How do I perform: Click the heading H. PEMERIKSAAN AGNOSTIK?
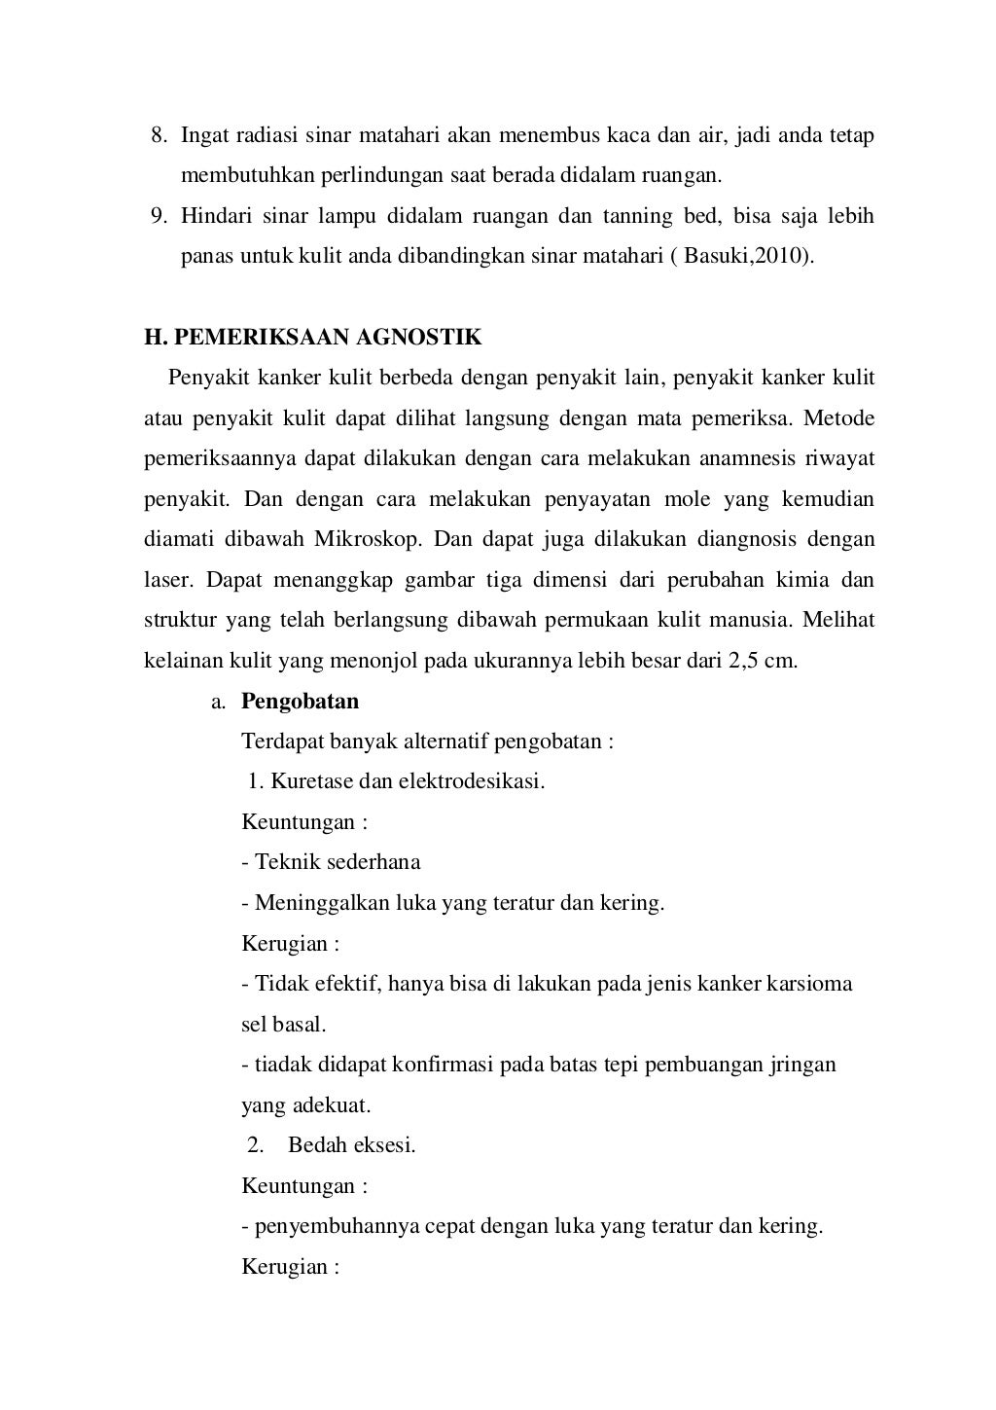[312, 338]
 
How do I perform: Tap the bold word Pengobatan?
[300, 701]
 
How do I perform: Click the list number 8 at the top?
[157, 135]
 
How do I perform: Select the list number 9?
[157, 216]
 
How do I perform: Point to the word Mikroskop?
[366, 539]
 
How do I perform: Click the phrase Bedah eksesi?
[351, 1145]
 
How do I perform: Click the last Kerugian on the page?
[290, 1267]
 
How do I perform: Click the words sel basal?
[283, 1024]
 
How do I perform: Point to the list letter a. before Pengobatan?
[219, 702]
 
